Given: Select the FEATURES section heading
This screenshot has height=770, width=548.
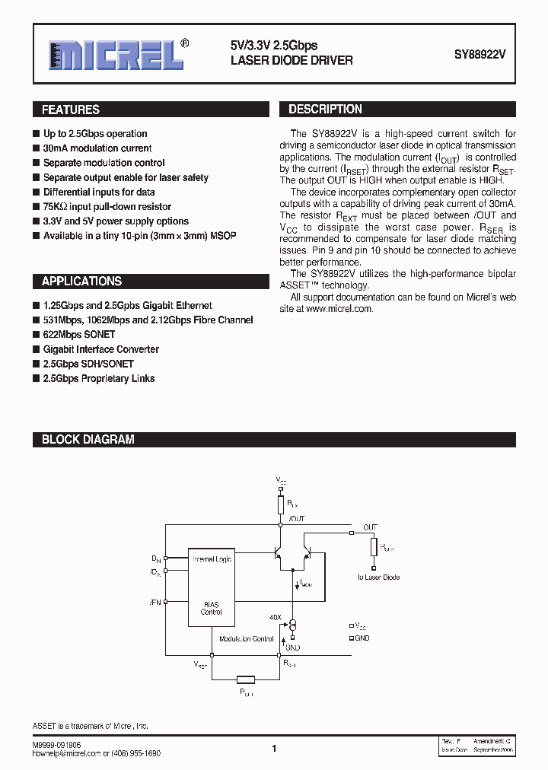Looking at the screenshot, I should [x=71, y=110].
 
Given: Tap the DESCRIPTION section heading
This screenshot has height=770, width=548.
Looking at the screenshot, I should [x=325, y=110].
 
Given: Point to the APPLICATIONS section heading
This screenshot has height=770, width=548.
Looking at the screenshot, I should [x=81, y=282].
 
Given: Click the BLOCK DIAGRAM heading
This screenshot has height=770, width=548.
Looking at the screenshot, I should [x=88, y=440].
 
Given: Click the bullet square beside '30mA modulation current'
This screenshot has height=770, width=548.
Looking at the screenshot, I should [x=36, y=149].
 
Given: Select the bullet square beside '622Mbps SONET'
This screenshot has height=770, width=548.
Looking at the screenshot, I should [x=36, y=335].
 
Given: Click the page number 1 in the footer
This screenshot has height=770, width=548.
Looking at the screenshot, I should [x=274, y=749].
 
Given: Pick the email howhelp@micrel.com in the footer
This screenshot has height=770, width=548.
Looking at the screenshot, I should [x=68, y=753].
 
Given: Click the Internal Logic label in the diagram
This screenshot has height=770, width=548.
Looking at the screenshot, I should [x=212, y=559].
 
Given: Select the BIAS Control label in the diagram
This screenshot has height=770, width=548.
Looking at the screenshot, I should [x=211, y=608].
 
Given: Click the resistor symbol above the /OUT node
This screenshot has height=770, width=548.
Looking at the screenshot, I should [x=280, y=504].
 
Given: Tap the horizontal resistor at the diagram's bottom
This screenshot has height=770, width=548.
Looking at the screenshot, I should [x=246, y=679].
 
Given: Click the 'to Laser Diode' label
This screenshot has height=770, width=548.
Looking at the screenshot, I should [x=378, y=577].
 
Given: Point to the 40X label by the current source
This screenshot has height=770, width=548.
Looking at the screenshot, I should [x=276, y=617].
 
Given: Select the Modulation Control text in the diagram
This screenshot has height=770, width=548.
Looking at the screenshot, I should [x=246, y=639].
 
